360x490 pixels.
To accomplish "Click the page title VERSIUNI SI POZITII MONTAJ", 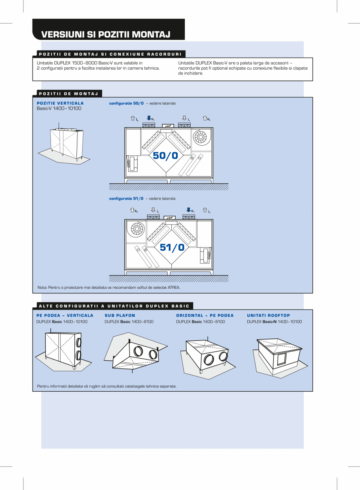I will tap(106, 34).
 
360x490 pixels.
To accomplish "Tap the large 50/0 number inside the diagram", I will tap(166, 155).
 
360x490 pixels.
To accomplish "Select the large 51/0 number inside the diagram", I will tap(172, 247).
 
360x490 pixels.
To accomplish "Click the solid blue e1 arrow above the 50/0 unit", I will tap(149, 118).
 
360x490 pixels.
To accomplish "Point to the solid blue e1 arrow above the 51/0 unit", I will tap(189, 210).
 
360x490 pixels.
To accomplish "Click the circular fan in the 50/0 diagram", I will tap(200, 136).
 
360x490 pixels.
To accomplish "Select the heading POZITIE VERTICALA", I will tap(60, 103).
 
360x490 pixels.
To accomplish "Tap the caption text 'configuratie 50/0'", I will tap(126, 103).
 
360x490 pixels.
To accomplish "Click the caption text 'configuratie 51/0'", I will tap(126, 199).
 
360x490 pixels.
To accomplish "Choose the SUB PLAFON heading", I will tap(120, 315).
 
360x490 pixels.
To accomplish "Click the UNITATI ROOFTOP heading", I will tap(268, 315).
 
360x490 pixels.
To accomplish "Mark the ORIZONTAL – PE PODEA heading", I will tap(205, 315).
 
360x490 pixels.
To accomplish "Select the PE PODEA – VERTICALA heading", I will tap(65, 315).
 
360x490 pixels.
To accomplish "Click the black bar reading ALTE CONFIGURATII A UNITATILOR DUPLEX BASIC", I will tap(113, 306).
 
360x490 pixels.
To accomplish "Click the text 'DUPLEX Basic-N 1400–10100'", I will tap(274, 322).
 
